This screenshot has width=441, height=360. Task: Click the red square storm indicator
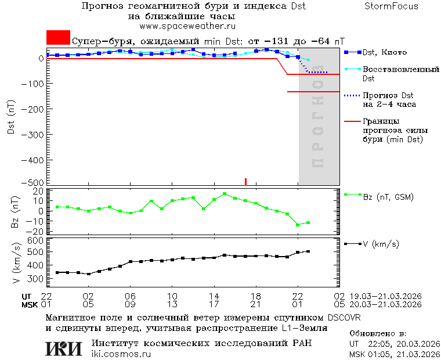58,37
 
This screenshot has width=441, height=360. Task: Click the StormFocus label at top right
391,6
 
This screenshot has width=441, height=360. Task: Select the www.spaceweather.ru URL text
187,26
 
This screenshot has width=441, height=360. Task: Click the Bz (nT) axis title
16,211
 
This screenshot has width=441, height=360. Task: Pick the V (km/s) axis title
16,264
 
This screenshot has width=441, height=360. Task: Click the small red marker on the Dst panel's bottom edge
245,181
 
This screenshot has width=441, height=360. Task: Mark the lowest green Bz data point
298,225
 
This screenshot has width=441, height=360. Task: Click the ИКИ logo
63,348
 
